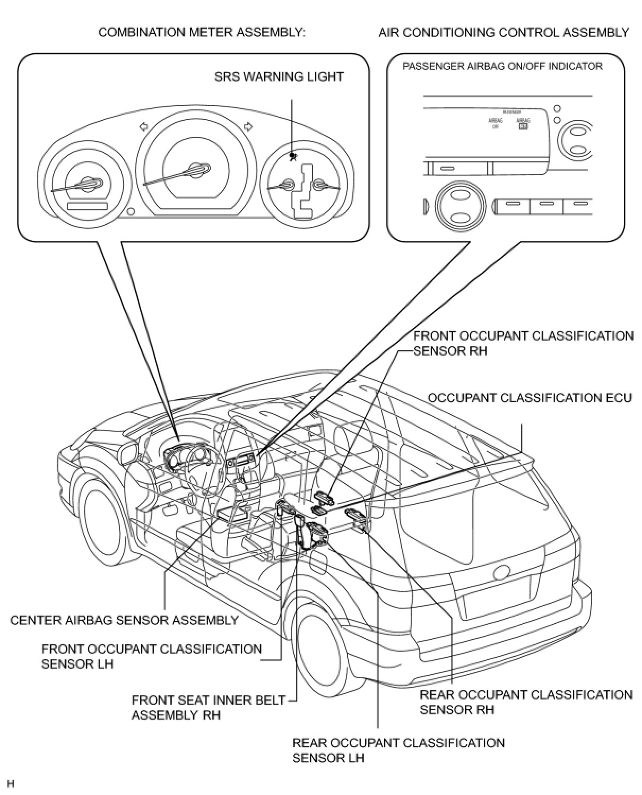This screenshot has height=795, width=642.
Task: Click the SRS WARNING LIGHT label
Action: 279,76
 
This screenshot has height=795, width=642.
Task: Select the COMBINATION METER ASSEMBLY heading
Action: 202,32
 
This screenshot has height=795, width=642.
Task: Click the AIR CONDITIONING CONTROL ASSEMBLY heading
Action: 504,32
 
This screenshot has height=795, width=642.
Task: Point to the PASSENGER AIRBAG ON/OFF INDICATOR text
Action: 502,66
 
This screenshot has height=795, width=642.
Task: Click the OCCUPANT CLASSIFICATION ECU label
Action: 530,397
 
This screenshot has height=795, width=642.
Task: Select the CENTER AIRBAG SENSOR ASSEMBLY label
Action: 124,620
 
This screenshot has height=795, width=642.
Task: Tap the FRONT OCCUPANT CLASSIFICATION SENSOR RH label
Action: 523,343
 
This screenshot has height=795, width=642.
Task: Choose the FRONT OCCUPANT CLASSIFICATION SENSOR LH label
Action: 151,656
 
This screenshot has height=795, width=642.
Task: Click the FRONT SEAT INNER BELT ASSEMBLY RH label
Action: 209,707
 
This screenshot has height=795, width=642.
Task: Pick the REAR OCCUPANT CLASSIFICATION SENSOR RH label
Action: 526,702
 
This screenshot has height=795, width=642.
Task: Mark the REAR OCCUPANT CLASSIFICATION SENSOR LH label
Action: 398,750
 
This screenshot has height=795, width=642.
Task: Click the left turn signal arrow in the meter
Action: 143,126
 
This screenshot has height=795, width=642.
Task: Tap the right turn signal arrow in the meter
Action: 247,126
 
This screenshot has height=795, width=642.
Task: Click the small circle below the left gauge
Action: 131,212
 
